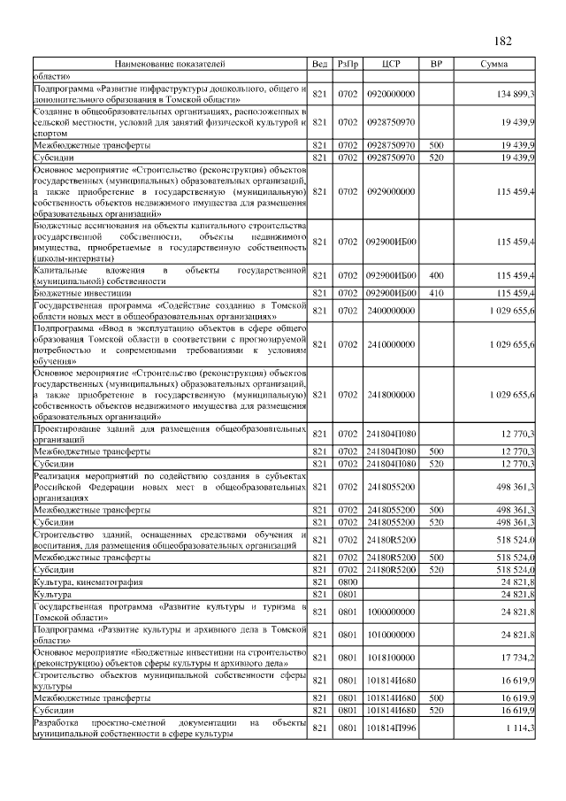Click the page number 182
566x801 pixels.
point(501,42)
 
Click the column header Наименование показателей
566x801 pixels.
point(169,65)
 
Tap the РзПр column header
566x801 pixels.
point(348,65)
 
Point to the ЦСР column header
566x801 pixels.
point(391,65)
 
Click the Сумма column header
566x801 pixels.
point(493,65)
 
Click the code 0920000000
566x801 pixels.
point(391,94)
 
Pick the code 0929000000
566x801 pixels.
point(391,190)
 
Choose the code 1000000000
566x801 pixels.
point(391,612)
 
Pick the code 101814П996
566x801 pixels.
point(391,728)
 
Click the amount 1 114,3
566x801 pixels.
point(517,728)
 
